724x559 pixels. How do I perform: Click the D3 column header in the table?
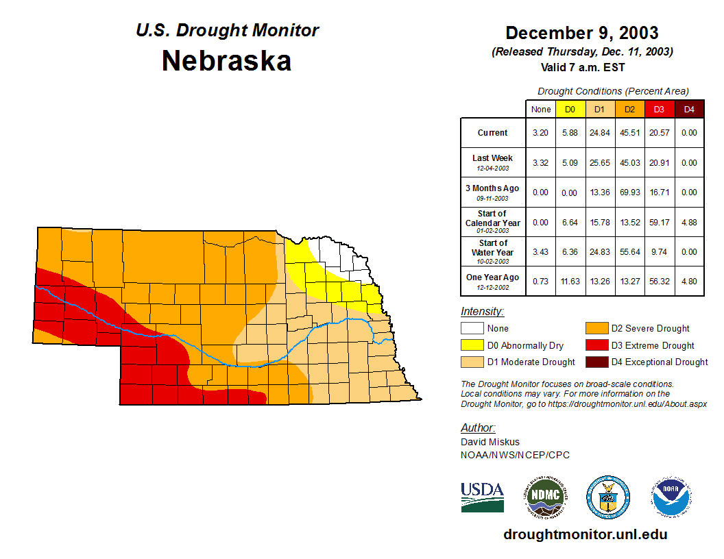(x=658, y=109)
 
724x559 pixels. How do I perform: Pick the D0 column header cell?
(x=570, y=109)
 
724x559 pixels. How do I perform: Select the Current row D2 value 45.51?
(x=629, y=133)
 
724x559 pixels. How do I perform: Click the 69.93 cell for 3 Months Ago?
(x=629, y=192)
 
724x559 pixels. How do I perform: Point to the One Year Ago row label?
(x=492, y=278)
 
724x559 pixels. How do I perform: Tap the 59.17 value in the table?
(x=658, y=223)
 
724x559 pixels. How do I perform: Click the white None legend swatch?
(x=472, y=329)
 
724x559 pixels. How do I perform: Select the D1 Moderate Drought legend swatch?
(x=472, y=362)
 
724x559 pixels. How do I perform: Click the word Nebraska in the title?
(x=226, y=61)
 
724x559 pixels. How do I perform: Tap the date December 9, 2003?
(x=581, y=33)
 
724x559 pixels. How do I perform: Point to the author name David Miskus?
(x=490, y=442)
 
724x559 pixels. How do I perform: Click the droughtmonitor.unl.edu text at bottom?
(x=585, y=534)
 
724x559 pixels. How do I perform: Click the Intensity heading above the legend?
(x=482, y=312)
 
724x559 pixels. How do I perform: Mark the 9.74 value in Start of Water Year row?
(x=658, y=252)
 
